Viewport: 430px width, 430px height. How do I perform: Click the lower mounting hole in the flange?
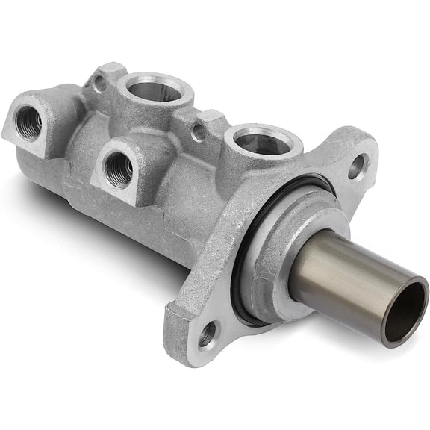click(x=207, y=334)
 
